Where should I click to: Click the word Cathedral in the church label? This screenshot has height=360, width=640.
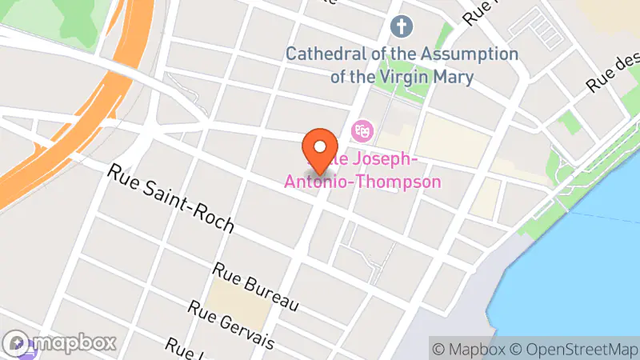pos(326,54)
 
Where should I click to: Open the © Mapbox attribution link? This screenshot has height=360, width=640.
pos(468,349)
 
